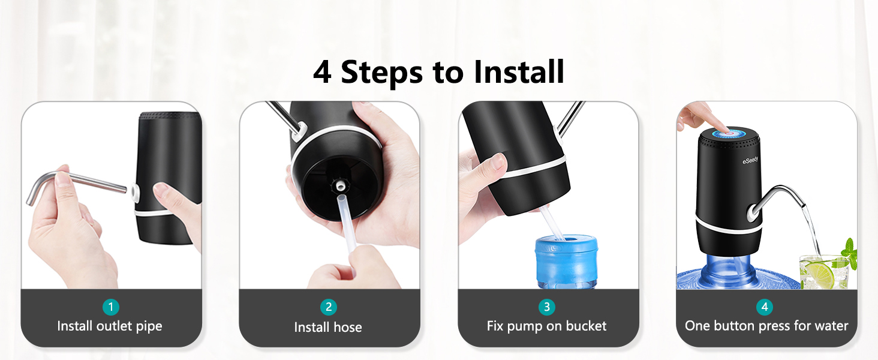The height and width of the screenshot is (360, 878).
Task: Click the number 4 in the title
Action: coord(322,73)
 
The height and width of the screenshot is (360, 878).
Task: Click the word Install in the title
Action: coord(519,72)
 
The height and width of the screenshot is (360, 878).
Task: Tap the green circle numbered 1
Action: coord(110,307)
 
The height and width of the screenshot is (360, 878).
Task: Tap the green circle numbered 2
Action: coord(328,307)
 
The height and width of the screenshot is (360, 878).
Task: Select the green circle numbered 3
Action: coord(546,307)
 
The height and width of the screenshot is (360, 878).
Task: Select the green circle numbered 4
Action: coord(764,307)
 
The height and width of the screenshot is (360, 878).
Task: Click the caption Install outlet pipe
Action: coord(110,326)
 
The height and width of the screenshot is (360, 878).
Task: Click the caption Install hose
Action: coord(328,327)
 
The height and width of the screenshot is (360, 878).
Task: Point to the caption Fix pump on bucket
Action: coord(546,326)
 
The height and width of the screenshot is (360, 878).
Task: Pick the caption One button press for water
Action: coord(766,326)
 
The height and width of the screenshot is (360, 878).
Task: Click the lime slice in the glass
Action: coord(819,274)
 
